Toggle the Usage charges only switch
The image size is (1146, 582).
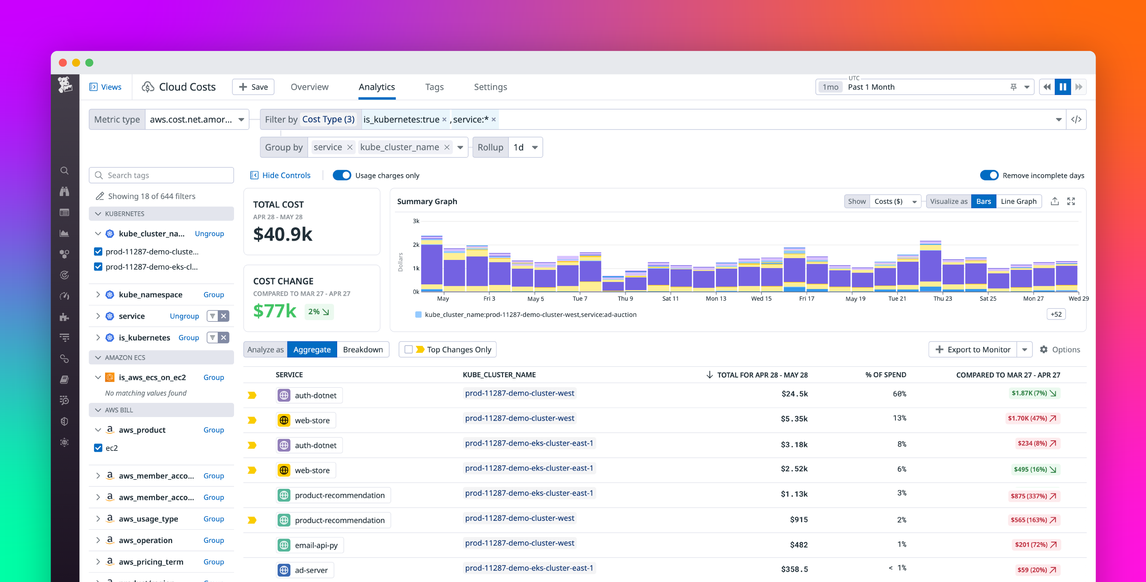pyautogui.click(x=342, y=175)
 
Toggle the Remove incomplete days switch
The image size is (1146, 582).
pyautogui.click(x=989, y=175)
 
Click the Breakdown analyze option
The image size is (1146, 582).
pyautogui.click(x=362, y=349)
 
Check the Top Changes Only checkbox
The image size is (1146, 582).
pyautogui.click(x=408, y=349)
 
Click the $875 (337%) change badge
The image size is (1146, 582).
pyautogui.click(x=1033, y=496)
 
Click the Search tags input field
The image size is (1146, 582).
pyautogui.click(x=167, y=175)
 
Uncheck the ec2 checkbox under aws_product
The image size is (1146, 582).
pyautogui.click(x=98, y=448)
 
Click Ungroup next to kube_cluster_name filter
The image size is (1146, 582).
pyautogui.click(x=209, y=234)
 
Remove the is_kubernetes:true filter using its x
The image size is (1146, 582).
pyautogui.click(x=444, y=119)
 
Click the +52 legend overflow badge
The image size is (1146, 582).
pyautogui.click(x=1056, y=314)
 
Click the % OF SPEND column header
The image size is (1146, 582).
pyautogui.click(x=885, y=375)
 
